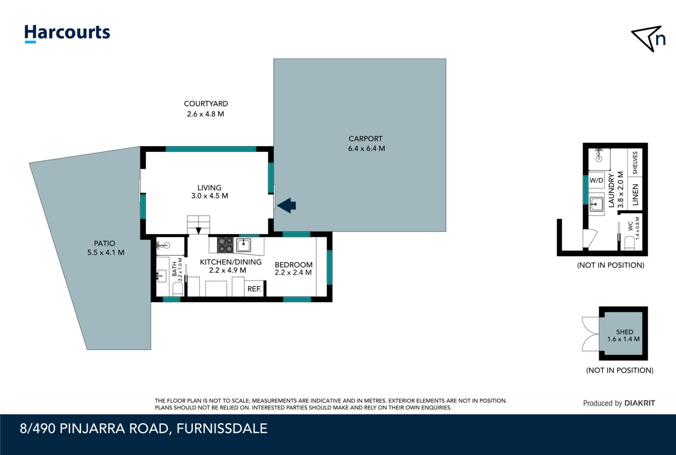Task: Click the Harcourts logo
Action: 67,34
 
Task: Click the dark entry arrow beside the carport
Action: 287,206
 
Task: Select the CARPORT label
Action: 365,139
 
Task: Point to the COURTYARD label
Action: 206,104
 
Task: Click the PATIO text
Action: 105,243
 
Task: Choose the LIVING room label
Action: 209,188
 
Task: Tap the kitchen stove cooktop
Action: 225,245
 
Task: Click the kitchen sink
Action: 243,245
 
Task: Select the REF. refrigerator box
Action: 254,289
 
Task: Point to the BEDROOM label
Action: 294,265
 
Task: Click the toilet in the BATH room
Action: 178,289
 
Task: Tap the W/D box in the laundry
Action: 596,181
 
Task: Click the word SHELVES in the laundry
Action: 635,163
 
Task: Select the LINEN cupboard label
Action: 636,195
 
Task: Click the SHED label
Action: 625,332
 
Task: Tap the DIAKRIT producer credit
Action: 640,403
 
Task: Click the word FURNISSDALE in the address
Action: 222,429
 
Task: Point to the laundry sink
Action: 597,204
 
